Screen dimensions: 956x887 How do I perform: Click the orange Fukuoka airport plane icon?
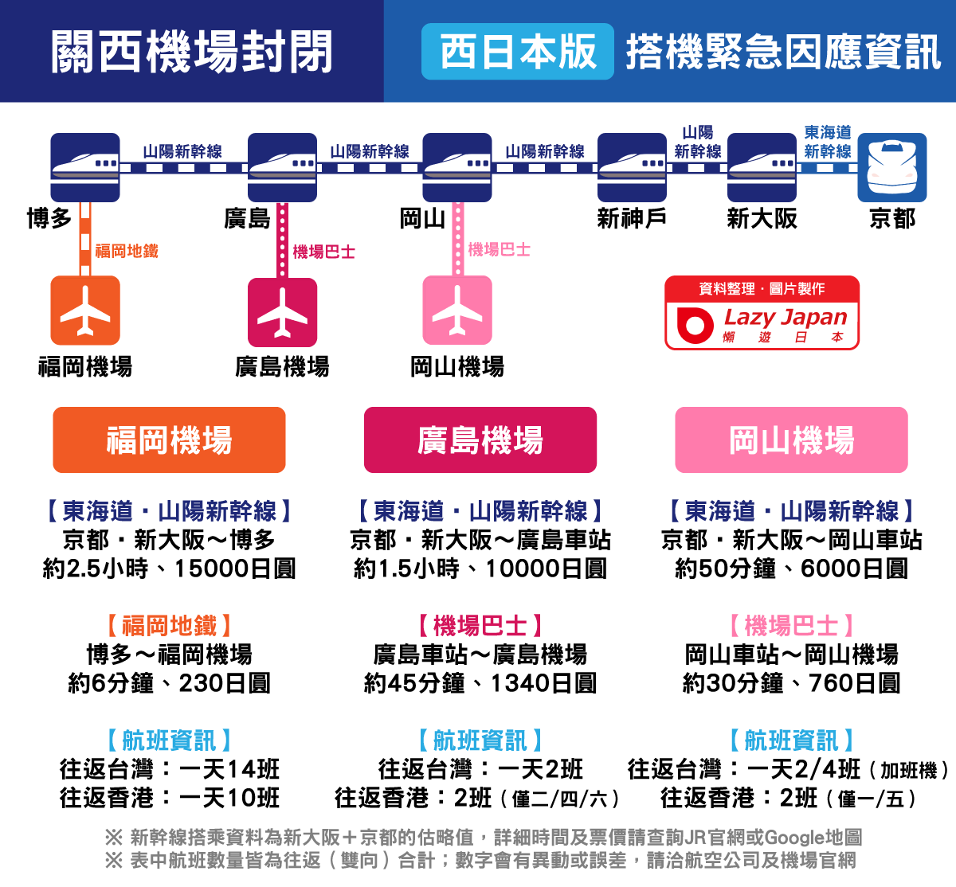click(85, 311)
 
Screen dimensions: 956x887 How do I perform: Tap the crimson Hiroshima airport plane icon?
click(283, 312)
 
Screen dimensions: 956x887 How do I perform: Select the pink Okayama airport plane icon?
click(457, 311)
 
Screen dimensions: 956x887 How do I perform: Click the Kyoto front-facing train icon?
click(892, 167)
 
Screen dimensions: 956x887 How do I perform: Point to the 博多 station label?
click(49, 218)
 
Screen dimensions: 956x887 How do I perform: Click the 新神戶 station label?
click(632, 218)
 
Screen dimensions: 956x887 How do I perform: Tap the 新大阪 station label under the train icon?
click(762, 218)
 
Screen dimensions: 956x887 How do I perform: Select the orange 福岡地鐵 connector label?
click(127, 252)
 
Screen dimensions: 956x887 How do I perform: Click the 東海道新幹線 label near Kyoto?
click(828, 142)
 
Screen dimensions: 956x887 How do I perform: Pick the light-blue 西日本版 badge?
click(518, 52)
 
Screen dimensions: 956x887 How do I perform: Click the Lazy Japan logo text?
click(786, 317)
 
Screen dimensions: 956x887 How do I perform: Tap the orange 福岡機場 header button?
click(169, 440)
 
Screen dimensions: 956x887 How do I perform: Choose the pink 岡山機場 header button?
click(791, 440)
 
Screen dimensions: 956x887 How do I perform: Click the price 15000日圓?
click(235, 569)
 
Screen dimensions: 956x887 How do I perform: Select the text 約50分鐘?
click(726, 569)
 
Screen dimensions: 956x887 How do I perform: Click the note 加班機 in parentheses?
click(909, 771)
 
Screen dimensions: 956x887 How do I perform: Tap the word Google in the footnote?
click(794, 838)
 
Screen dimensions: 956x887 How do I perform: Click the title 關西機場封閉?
click(191, 52)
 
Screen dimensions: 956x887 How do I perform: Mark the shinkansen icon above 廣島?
click(283, 167)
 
